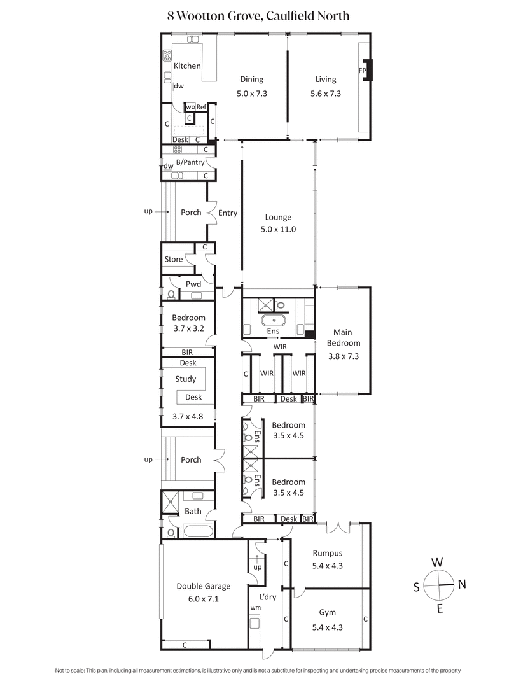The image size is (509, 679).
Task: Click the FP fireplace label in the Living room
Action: point(363,70)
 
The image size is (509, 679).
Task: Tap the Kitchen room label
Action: point(187,66)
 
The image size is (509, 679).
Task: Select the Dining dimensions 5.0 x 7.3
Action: point(251,93)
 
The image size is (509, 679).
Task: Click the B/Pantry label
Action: point(190,162)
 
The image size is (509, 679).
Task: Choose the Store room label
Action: point(174,259)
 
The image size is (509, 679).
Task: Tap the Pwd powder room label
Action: point(193,283)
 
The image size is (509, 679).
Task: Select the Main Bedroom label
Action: point(342,338)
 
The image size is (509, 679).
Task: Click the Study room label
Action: point(186,379)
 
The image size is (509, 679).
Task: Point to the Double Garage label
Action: point(204,586)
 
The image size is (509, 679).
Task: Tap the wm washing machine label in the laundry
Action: point(255,608)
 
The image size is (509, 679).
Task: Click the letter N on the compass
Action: point(462,585)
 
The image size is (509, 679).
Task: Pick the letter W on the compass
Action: point(437,563)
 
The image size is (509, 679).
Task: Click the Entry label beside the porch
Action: point(227,213)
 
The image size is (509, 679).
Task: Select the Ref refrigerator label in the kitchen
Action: point(201,107)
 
